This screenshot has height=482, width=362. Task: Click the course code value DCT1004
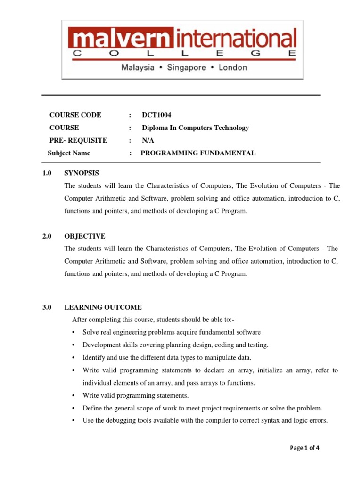154,115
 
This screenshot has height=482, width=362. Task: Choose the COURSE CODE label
75,115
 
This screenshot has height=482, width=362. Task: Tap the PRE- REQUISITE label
78,140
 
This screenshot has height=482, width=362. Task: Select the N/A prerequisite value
148,140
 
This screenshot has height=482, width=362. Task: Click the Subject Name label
69,153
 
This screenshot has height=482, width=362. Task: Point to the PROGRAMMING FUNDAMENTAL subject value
198,153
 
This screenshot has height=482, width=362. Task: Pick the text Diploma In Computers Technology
195,128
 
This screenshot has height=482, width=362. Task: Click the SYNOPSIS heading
82,173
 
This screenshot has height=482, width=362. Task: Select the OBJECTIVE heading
85,236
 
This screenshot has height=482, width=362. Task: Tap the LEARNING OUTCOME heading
103,307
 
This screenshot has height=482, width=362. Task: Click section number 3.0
46,307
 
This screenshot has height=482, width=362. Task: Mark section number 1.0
46,173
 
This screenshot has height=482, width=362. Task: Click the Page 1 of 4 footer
305,448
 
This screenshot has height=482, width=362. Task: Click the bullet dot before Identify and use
74,358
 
